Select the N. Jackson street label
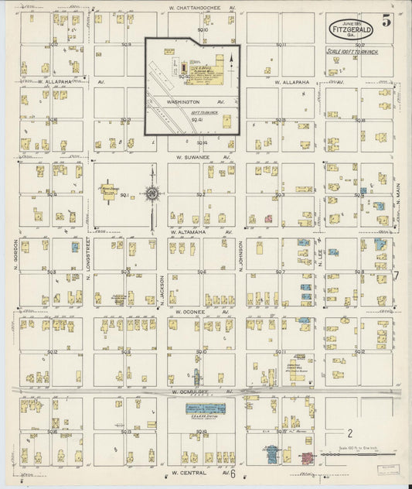(x=163, y=291)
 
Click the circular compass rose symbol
(x=152, y=193)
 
